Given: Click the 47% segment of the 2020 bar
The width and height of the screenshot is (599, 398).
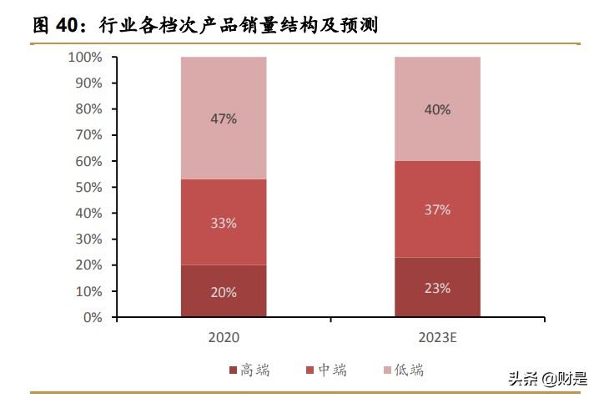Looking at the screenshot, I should click(x=223, y=118).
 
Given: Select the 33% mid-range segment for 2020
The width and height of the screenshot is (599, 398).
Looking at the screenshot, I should click(x=223, y=223).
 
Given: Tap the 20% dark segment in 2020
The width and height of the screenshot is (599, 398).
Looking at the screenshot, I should click(x=223, y=292).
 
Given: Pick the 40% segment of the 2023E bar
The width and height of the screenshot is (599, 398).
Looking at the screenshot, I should click(x=436, y=109).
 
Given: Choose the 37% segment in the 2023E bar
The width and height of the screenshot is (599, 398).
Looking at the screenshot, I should click(x=436, y=209).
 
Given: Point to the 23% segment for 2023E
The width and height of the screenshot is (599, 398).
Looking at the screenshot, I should click(x=436, y=288).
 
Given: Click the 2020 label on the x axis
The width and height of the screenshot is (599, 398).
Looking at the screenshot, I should click(x=223, y=338).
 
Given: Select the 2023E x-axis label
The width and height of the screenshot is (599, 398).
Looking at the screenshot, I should click(x=436, y=338).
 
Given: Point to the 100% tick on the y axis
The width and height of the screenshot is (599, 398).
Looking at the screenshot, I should click(x=85, y=58).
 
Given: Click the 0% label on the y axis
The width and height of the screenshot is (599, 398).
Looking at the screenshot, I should click(x=92, y=318).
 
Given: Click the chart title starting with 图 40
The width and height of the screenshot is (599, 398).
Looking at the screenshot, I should click(x=204, y=26).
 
